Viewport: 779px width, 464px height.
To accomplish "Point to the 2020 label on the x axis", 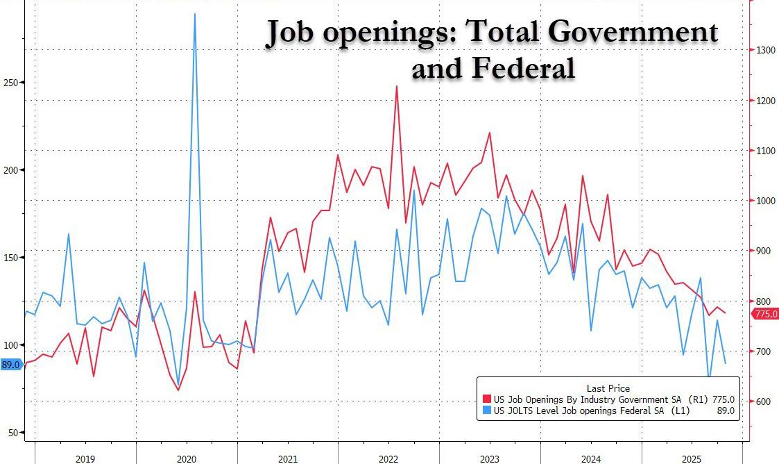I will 186,458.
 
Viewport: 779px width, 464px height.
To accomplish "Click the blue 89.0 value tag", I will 11,364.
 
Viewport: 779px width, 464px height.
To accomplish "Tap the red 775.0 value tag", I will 765,315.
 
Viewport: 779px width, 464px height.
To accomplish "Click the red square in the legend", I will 486,399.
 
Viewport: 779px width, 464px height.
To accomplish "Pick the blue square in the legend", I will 486,411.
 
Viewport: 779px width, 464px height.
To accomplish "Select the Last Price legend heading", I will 608,388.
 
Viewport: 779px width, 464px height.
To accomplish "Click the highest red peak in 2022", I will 396,86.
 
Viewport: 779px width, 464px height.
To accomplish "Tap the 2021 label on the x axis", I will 287,458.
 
